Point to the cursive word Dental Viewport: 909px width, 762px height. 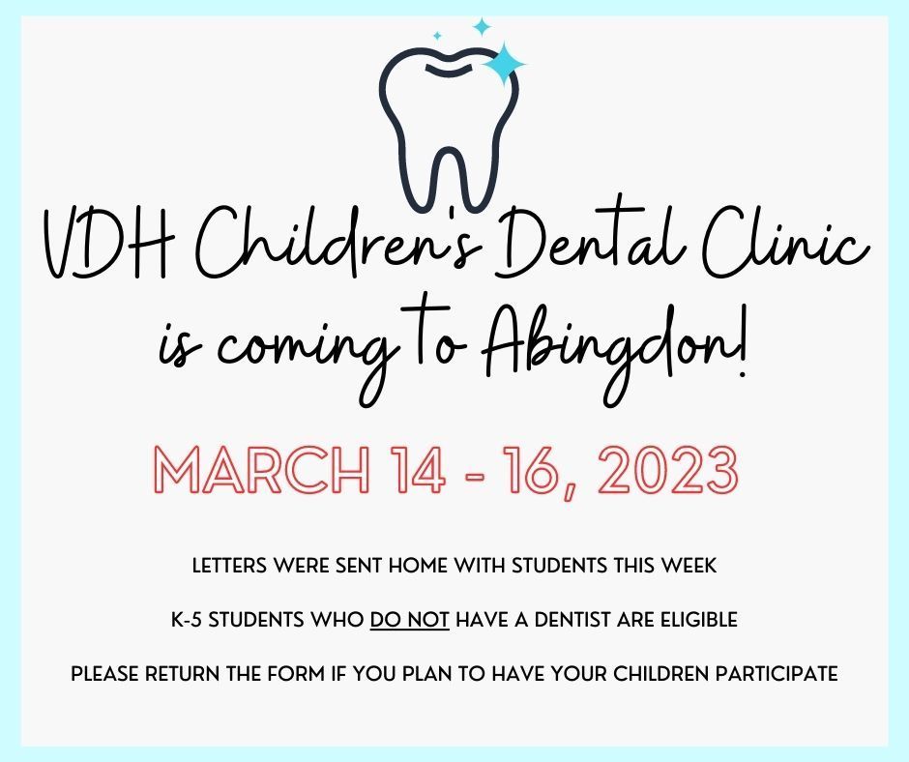[590, 238]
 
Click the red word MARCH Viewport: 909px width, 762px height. [261, 470]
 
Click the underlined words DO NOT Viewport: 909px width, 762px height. [409, 620]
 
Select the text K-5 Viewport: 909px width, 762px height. [187, 620]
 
